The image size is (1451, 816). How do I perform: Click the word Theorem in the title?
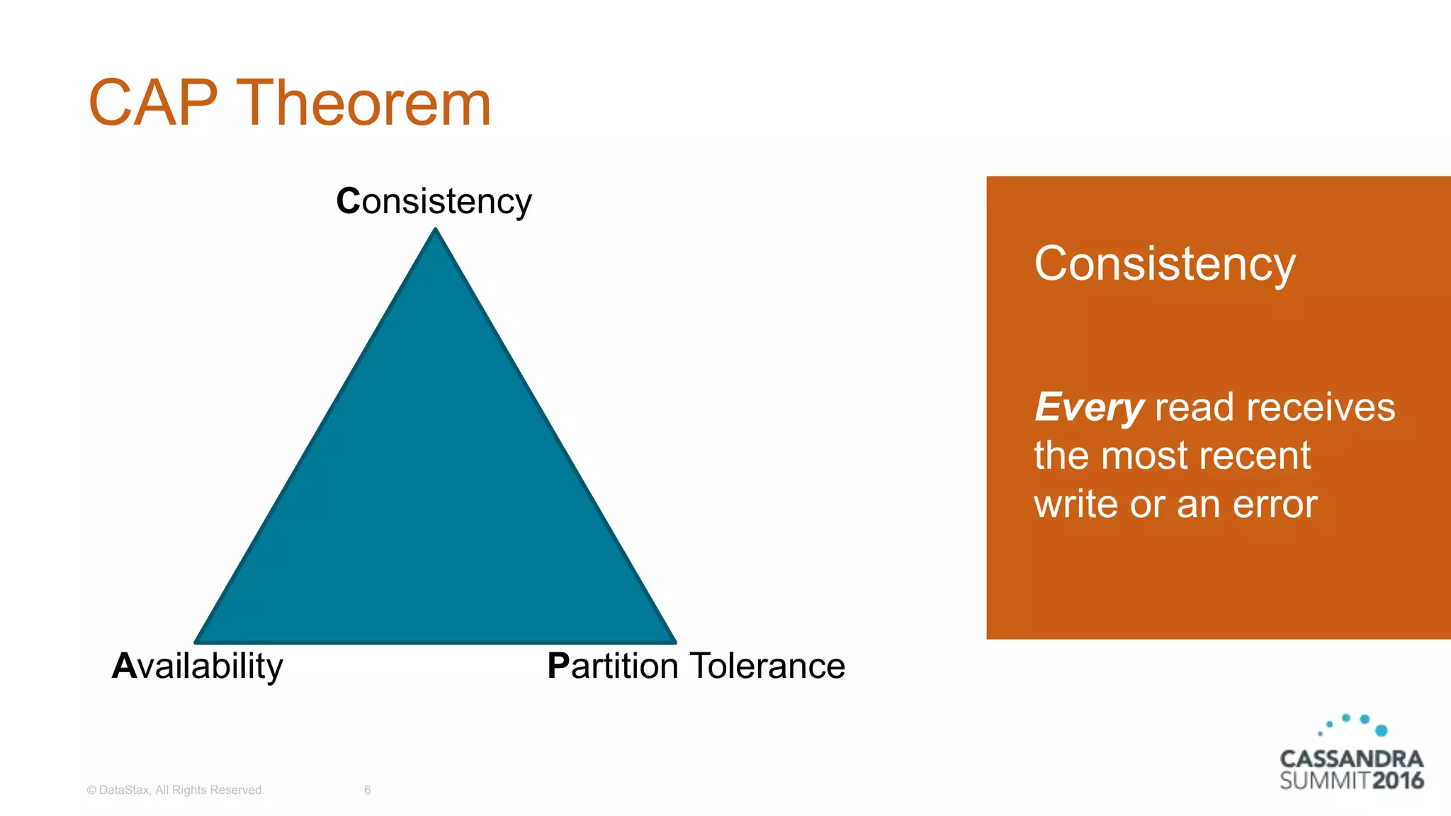click(363, 103)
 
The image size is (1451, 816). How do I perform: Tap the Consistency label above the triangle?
click(434, 201)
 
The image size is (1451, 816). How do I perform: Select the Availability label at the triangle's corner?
click(198, 666)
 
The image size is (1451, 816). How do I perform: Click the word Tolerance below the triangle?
click(767, 666)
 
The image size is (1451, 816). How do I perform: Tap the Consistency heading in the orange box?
click(1164, 263)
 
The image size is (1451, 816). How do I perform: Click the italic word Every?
click(1089, 407)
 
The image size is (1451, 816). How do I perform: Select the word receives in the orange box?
click(1320, 407)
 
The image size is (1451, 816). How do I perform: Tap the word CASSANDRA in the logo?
click(1351, 759)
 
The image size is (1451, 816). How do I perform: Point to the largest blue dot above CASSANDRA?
click(1381, 730)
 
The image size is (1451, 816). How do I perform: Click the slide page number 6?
click(367, 790)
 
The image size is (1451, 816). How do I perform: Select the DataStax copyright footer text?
click(175, 790)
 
